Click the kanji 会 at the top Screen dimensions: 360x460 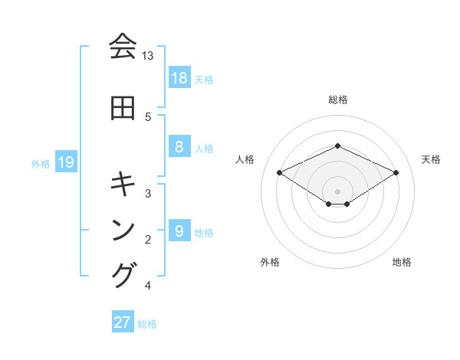click(123, 47)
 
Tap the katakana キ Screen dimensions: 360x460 click(123, 185)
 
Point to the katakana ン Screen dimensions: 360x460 click(123, 231)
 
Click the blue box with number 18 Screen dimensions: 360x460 click(179, 78)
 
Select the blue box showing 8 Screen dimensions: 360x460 click(179, 147)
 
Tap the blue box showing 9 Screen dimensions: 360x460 click(179, 231)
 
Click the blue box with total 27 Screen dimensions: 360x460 click(122, 322)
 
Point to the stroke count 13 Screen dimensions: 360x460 click(148, 56)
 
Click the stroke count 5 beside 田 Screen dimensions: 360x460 click(148, 117)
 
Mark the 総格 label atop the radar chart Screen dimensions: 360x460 click(338, 100)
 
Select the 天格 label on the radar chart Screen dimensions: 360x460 click(432, 159)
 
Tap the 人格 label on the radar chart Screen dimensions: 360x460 click(245, 159)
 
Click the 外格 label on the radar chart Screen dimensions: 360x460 click(270, 262)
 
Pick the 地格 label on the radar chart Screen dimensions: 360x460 click(402, 262)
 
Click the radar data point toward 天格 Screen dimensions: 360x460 click(396, 173)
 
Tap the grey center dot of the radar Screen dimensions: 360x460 click(338, 191)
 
